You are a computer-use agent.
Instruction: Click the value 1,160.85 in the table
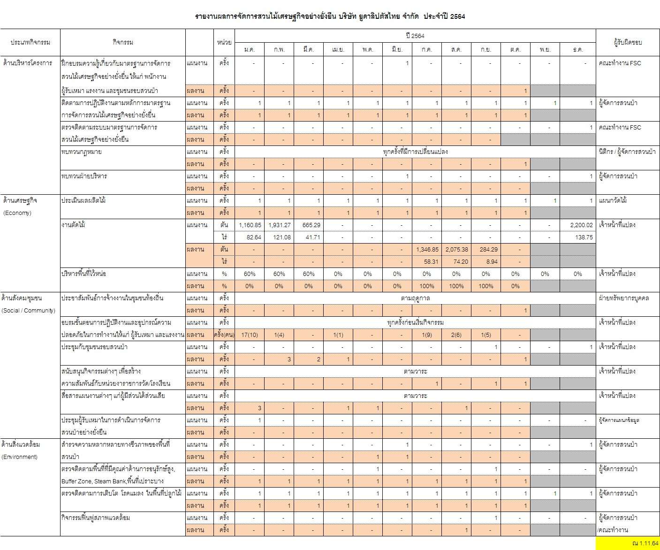click(250, 225)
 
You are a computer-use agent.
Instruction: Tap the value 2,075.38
click(456, 250)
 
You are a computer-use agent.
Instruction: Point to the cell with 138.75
click(584, 237)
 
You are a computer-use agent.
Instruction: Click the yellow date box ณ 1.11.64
click(627, 543)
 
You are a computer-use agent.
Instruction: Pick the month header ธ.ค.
click(578, 49)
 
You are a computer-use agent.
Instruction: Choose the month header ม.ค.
click(250, 49)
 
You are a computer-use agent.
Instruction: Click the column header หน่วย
click(224, 42)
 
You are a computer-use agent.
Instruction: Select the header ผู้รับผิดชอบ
click(628, 42)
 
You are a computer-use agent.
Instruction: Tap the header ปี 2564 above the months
click(415, 36)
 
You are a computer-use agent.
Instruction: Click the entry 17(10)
click(250, 335)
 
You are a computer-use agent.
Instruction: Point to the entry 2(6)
click(456, 335)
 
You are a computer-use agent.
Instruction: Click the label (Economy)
click(17, 213)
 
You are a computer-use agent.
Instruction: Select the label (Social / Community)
click(28, 311)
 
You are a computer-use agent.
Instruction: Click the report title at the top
click(330, 16)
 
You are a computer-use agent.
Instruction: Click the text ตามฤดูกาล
click(415, 298)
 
